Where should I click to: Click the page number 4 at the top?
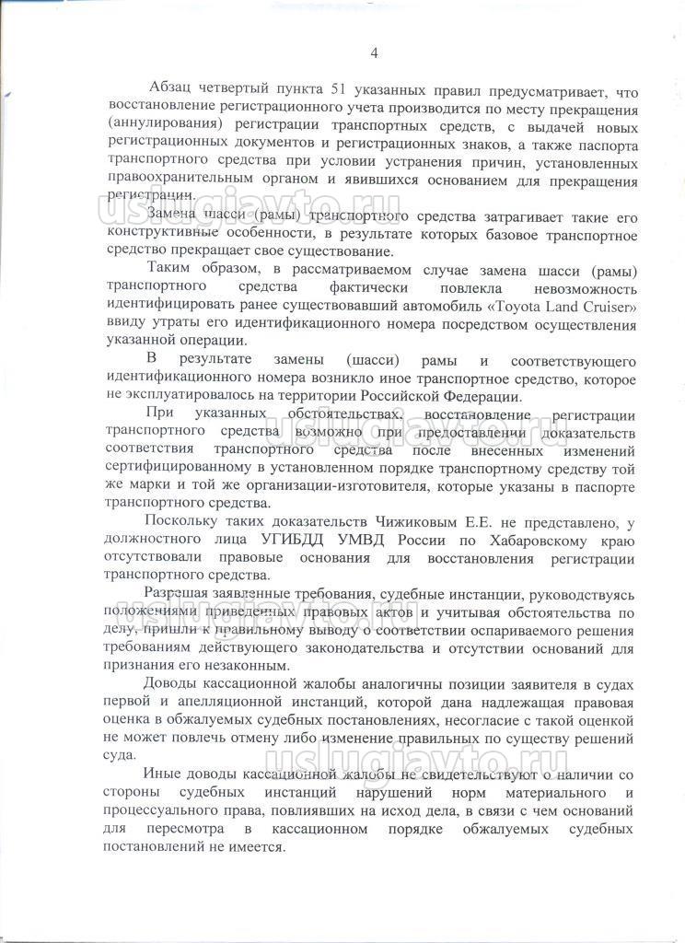coord(374,52)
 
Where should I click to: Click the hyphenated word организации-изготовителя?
coord(359,486)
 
